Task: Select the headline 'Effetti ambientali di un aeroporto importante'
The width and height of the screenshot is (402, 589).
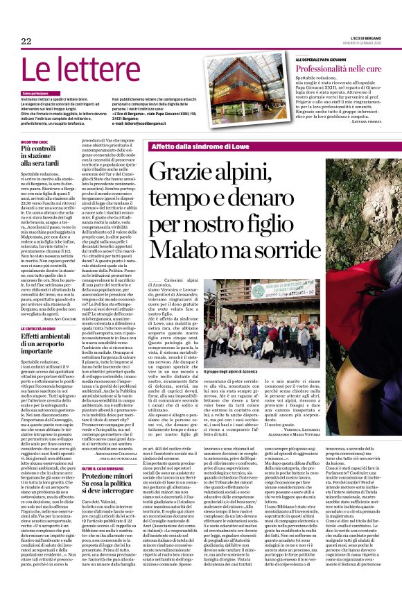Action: pyautogui.click(x=56, y=344)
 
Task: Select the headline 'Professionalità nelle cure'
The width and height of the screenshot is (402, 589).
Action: pyautogui.click(x=339, y=69)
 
